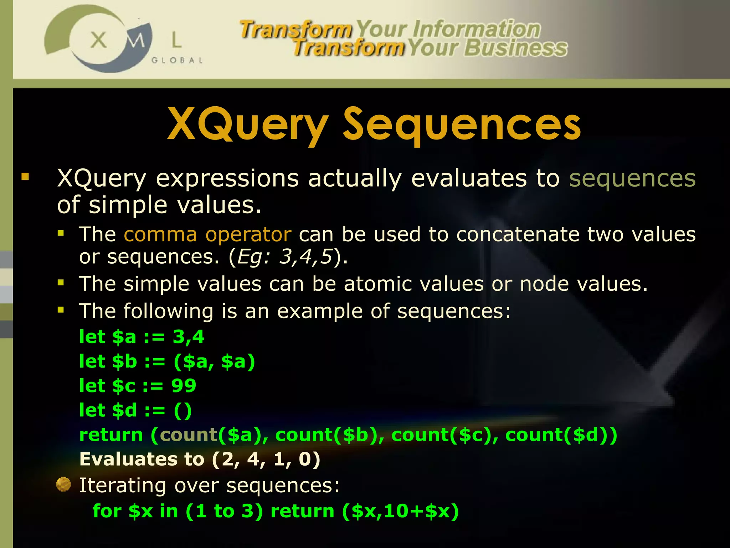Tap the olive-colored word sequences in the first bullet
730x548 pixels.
(x=632, y=178)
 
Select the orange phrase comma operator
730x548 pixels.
(x=207, y=234)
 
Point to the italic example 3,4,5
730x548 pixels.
(x=305, y=257)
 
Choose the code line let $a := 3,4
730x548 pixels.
(x=142, y=337)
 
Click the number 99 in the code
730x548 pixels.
(x=184, y=386)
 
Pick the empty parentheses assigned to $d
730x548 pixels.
(x=183, y=410)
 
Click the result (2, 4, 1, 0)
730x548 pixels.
(x=266, y=459)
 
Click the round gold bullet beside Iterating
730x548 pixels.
(x=63, y=484)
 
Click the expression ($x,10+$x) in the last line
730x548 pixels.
(x=400, y=511)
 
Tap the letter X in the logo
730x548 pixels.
(x=98, y=40)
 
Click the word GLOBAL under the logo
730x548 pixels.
(x=177, y=60)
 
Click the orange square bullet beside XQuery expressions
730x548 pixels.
(x=25, y=176)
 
